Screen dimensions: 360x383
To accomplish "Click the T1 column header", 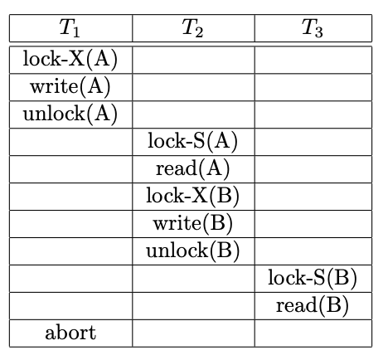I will click(x=70, y=29).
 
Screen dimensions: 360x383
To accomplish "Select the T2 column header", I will click(x=193, y=29).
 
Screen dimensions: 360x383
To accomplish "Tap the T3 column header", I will click(x=313, y=29).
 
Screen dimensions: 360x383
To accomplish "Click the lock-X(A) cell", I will click(x=70, y=59).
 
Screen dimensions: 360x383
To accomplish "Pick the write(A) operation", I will click(x=70, y=86).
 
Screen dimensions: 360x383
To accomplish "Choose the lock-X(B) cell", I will click(x=193, y=196).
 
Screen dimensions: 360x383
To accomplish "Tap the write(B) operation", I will click(x=193, y=223).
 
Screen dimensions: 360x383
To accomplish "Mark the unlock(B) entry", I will click(x=193, y=251).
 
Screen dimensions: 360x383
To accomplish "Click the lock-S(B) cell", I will click(x=313, y=278).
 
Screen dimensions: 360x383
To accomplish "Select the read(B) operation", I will click(x=313, y=305).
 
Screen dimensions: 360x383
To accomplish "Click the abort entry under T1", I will click(x=70, y=333).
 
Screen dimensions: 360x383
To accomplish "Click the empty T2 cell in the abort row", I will click(x=193, y=333).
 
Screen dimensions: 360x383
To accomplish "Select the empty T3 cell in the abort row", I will click(x=313, y=333).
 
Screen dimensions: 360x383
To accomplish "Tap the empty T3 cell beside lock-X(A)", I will click(x=313, y=59).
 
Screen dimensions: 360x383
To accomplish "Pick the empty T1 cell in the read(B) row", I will click(x=70, y=305).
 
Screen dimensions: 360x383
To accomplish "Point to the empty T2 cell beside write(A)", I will click(x=193, y=86).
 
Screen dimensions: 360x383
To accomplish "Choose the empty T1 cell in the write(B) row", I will click(x=70, y=223).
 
